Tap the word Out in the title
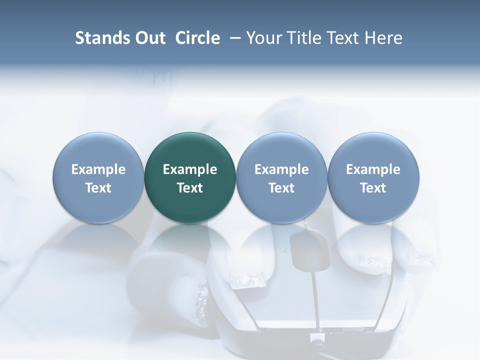pyautogui.click(x=148, y=38)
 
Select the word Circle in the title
pyautogui.click(x=197, y=38)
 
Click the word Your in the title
pyautogui.click(x=264, y=38)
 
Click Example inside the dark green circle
pyautogui.click(x=190, y=169)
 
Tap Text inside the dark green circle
pyautogui.click(x=190, y=188)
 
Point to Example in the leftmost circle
pyautogui.click(x=98, y=169)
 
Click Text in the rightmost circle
pyautogui.click(x=373, y=188)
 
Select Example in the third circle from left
pyautogui.click(x=281, y=169)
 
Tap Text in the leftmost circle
pyautogui.click(x=98, y=188)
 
